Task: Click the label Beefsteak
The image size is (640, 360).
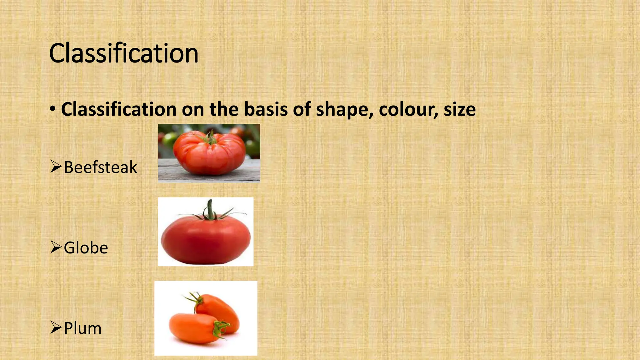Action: coord(100,167)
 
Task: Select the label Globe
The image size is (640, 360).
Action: coord(86,248)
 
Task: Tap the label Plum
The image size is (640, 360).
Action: coord(83,328)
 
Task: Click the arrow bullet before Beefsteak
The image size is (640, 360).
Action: coord(56,167)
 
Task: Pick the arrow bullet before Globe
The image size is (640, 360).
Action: coord(56,247)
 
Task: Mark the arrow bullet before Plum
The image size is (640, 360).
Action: coord(56,328)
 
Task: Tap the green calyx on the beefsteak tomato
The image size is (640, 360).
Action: coord(210,137)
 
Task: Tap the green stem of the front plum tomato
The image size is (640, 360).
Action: coord(220,328)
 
